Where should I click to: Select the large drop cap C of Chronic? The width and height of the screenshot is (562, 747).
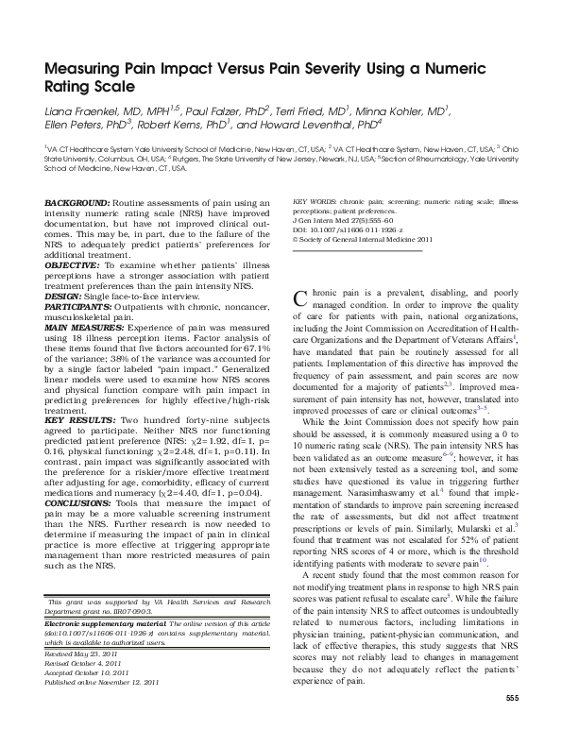point(302,298)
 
